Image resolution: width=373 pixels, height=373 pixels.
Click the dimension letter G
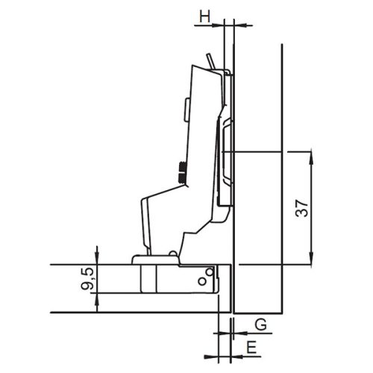tap(260, 325)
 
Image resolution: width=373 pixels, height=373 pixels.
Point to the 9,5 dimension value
tap(88, 279)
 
